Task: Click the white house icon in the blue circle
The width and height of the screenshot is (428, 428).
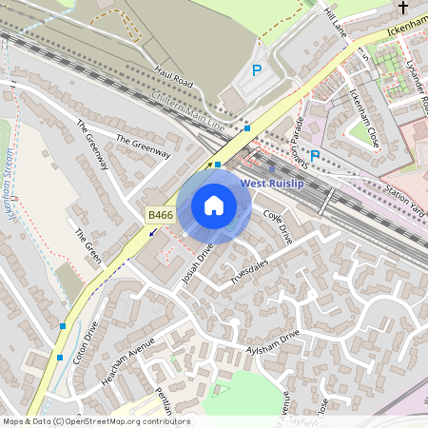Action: (214, 204)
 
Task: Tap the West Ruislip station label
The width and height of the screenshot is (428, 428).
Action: (272, 184)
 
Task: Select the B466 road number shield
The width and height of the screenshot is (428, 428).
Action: (161, 217)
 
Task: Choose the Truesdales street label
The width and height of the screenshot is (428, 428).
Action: (250, 270)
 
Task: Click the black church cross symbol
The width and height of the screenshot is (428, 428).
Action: (403, 10)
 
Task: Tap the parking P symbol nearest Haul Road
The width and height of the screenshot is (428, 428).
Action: (257, 69)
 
